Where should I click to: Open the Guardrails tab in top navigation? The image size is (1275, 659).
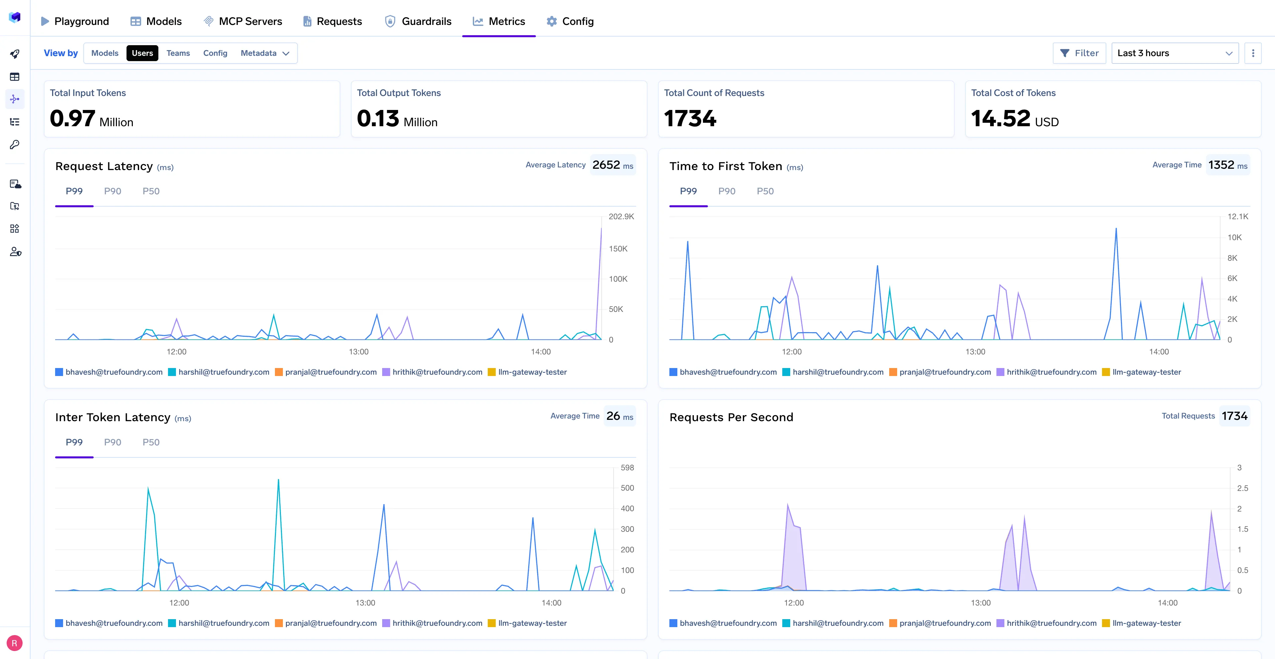pyautogui.click(x=418, y=21)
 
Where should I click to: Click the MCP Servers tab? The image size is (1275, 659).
pyautogui.click(x=243, y=21)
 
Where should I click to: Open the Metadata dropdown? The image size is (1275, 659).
pyautogui.click(x=264, y=53)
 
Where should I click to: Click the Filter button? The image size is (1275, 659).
pyautogui.click(x=1079, y=53)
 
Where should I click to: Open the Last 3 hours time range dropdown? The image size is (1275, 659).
pyautogui.click(x=1174, y=53)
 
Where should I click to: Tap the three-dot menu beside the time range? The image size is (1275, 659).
pyautogui.click(x=1253, y=53)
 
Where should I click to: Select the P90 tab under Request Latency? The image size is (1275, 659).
pyautogui.click(x=112, y=191)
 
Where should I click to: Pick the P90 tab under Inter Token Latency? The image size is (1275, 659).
pyautogui.click(x=112, y=442)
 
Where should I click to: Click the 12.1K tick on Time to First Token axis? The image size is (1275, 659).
pyautogui.click(x=1237, y=216)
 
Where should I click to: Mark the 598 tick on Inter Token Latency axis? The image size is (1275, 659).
pyautogui.click(x=627, y=467)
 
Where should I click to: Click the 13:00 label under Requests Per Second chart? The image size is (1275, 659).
pyautogui.click(x=980, y=603)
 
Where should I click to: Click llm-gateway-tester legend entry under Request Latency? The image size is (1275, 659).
pyautogui.click(x=532, y=372)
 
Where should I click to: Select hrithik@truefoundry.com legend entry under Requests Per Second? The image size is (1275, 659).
pyautogui.click(x=1051, y=623)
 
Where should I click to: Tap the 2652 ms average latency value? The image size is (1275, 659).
pyautogui.click(x=612, y=165)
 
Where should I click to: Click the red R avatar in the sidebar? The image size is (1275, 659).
pyautogui.click(x=14, y=643)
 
